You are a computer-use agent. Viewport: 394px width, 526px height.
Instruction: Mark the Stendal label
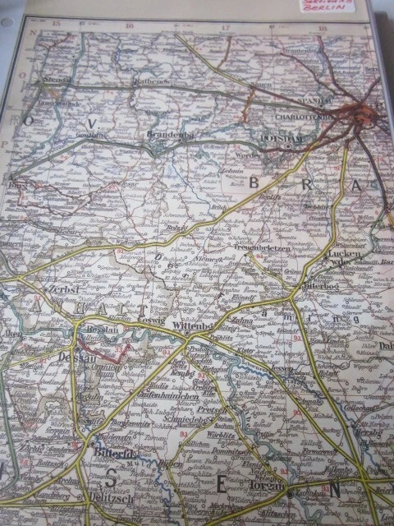[58, 81]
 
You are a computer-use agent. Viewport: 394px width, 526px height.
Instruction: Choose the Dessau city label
[77, 358]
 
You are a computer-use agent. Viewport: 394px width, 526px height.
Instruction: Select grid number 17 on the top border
[225, 27]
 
